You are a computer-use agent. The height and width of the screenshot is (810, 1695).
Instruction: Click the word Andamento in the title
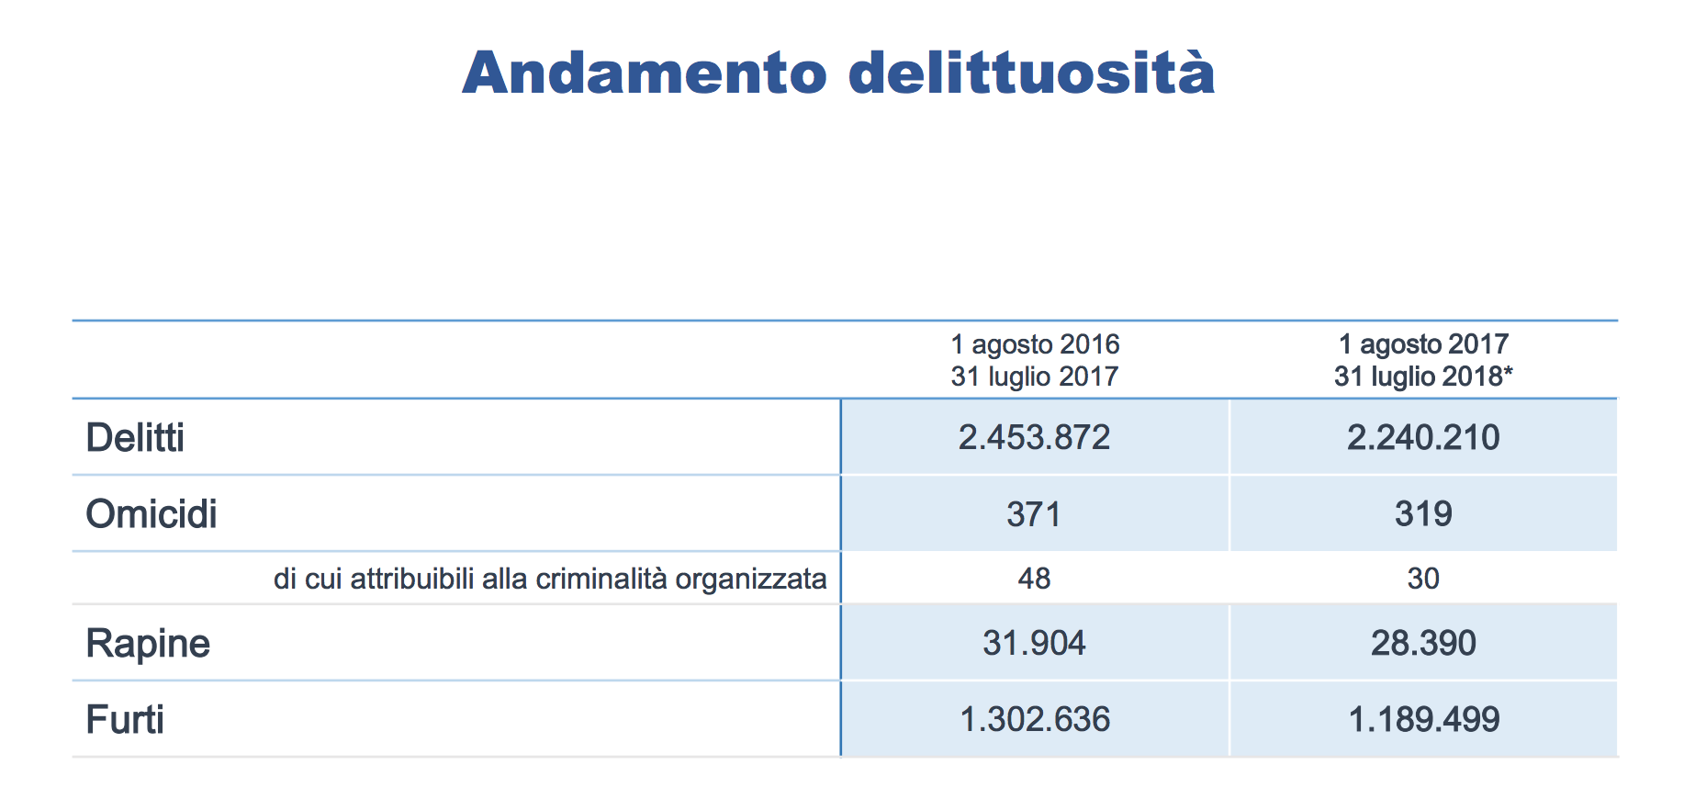tap(645, 73)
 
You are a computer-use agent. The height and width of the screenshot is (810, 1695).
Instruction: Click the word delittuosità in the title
tap(1031, 73)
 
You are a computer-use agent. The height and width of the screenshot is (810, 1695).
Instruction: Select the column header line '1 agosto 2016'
tap(1035, 344)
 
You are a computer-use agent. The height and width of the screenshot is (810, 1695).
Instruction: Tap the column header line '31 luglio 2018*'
tap(1423, 377)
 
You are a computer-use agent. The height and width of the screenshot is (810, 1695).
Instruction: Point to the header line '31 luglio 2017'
tap(1035, 377)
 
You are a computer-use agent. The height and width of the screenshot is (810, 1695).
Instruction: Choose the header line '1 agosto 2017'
tap(1423, 344)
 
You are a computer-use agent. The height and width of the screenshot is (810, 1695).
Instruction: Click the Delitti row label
tap(135, 438)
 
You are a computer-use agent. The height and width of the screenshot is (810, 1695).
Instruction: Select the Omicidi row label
tap(152, 514)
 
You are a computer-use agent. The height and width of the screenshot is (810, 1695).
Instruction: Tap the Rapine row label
tap(148, 644)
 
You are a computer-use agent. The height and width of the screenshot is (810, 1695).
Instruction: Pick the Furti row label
tap(125, 720)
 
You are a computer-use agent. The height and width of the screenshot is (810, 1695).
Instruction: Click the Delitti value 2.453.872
tap(1035, 437)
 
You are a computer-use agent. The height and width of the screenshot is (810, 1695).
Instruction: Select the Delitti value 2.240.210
tap(1423, 437)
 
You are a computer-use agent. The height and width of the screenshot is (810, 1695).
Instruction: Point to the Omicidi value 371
tap(1034, 514)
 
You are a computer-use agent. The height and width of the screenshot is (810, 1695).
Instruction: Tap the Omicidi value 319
tap(1423, 514)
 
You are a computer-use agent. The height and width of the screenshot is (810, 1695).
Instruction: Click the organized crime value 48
tap(1034, 579)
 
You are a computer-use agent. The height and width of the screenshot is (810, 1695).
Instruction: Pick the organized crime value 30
tap(1423, 579)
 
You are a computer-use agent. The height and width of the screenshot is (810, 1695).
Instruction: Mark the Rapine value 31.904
tap(1034, 644)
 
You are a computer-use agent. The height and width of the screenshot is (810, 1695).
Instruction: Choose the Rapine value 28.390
tap(1423, 644)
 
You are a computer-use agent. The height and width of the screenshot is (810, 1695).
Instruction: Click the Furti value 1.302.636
tap(1035, 719)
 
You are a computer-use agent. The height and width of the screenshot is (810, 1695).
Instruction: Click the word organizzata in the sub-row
tap(751, 579)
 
